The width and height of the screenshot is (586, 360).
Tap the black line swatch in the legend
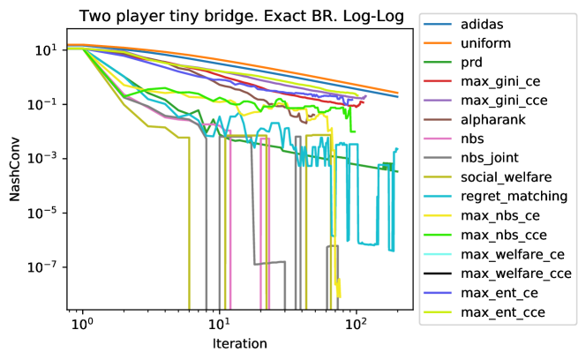437,274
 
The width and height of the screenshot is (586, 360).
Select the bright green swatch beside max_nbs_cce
437,236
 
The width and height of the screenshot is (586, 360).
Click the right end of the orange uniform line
398,93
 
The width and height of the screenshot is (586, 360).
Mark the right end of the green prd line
398,171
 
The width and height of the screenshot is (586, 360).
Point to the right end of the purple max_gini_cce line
366,95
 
